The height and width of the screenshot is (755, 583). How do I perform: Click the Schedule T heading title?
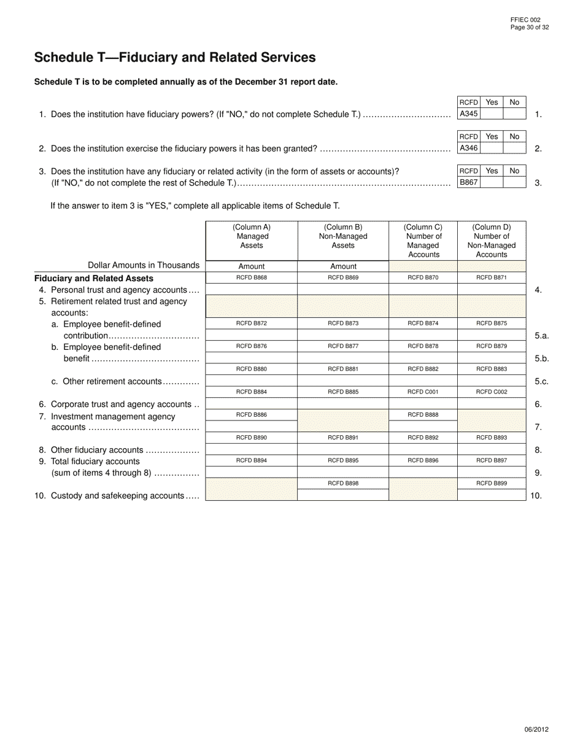tap(175, 58)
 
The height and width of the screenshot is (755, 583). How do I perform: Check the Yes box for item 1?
tap(492, 114)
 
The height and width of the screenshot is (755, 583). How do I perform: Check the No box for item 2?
tap(514, 148)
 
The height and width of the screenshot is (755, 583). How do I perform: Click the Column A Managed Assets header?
tap(252, 236)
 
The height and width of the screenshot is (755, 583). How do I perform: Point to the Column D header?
tap(492, 241)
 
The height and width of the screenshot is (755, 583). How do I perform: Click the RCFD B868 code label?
tap(252, 278)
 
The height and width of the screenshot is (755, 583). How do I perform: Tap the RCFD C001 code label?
tap(423, 392)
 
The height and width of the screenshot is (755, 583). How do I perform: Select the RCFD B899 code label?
tap(492, 483)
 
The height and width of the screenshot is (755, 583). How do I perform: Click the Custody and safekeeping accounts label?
tap(118, 495)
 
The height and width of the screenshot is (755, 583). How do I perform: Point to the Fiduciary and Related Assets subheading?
tap(94, 278)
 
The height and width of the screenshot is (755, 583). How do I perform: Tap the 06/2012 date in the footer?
tap(536, 730)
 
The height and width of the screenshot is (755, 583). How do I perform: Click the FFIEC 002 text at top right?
tap(525, 20)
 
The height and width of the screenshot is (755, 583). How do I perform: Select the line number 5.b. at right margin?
tap(541, 358)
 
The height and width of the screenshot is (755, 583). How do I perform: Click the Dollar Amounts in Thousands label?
tap(144, 265)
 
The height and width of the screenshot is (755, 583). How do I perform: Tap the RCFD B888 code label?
tap(423, 415)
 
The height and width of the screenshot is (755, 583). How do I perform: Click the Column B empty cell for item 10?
tap(343, 495)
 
